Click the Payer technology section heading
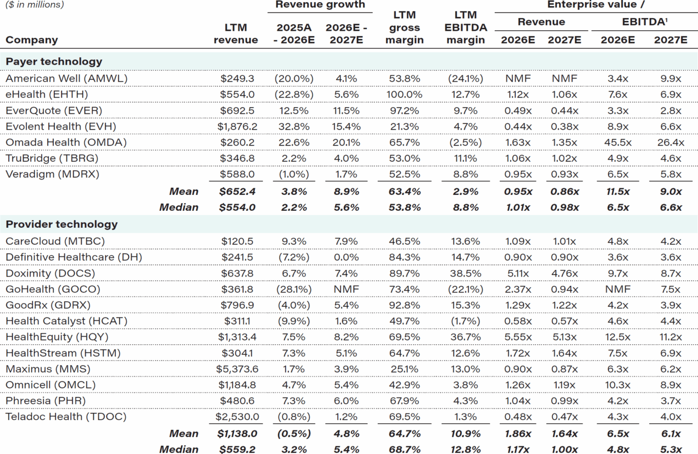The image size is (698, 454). click(x=54, y=62)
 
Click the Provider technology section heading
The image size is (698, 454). click(x=61, y=224)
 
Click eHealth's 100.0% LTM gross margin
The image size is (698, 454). click(x=404, y=94)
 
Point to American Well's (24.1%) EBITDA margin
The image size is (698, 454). click(x=466, y=78)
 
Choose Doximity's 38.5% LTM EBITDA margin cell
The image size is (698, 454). click(x=466, y=273)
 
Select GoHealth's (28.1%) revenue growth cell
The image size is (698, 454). click(x=292, y=289)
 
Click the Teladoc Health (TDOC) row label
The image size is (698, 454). click(x=65, y=417)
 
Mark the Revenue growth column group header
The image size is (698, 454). click(x=320, y=5)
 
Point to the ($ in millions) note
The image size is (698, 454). click(x=34, y=5)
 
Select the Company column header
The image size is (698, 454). click(x=32, y=40)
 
